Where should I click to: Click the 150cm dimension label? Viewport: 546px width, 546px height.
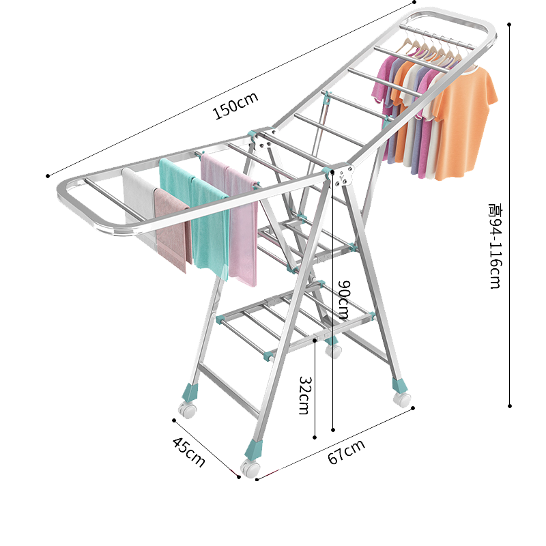pyautogui.click(x=235, y=107)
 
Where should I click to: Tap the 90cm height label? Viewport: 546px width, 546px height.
pyautogui.click(x=343, y=300)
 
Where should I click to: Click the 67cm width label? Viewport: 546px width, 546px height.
pyautogui.click(x=346, y=452)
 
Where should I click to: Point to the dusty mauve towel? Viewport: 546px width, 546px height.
pyautogui.click(x=173, y=229)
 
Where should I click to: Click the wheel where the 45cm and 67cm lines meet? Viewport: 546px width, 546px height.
pyautogui.click(x=250, y=468)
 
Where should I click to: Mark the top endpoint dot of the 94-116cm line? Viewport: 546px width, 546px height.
pyautogui.click(x=510, y=24)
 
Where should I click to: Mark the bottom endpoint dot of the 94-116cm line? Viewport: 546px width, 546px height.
pyautogui.click(x=510, y=406)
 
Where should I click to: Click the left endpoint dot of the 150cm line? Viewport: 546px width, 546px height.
pyautogui.click(x=48, y=176)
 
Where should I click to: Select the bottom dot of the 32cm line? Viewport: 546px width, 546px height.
pyautogui.click(x=315, y=437)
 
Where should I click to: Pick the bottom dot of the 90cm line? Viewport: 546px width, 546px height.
pyautogui.click(x=333, y=430)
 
